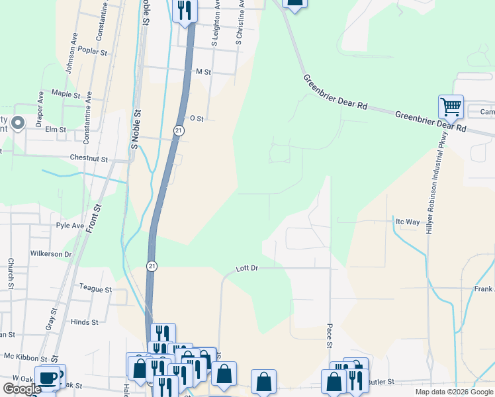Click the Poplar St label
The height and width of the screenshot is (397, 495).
coord(93,51)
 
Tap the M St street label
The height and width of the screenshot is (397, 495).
coord(202,71)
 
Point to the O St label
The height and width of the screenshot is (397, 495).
coord(197,118)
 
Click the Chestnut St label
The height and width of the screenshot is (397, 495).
coord(89,159)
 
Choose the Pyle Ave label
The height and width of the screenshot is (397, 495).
coord(70,226)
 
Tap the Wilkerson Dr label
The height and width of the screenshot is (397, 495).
coord(50,253)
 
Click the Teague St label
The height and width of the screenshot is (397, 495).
coord(92,288)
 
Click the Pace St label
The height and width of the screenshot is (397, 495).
coord(329,335)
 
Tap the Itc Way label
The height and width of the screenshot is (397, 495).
coord(407,222)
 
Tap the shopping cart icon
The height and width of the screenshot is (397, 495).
coord(450,106)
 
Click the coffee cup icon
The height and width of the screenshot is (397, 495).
coord(47,377)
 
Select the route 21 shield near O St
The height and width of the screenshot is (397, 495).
coord(179,131)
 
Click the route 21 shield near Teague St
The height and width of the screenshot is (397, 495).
coord(152,266)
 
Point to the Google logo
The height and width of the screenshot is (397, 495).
coord(22,389)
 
